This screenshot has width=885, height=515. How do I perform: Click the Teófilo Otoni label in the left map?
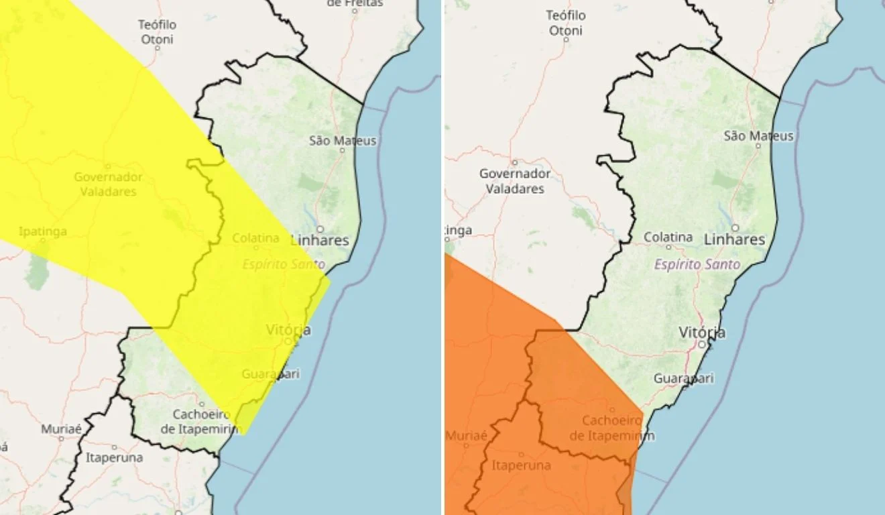pyautogui.click(x=157, y=32)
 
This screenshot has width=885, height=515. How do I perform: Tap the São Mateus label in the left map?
pyautogui.click(x=343, y=141)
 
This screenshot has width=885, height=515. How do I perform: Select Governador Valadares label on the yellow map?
pyautogui.click(x=108, y=184)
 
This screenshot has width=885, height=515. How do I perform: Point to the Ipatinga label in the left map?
pyautogui.click(x=43, y=231)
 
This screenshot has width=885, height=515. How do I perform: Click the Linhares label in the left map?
pyautogui.click(x=320, y=239)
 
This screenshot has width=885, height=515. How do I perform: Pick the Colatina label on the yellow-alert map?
pyautogui.click(x=255, y=238)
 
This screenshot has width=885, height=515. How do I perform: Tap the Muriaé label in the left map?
pyautogui.click(x=61, y=428)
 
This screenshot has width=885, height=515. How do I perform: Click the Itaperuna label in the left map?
pyautogui.click(x=114, y=458)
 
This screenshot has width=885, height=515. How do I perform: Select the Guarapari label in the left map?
pyautogui.click(x=270, y=374)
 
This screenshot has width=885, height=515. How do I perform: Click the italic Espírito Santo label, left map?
pyautogui.click(x=284, y=264)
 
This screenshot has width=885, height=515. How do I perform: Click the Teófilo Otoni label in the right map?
pyautogui.click(x=566, y=23)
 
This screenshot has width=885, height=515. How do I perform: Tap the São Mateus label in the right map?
pyautogui.click(x=758, y=136)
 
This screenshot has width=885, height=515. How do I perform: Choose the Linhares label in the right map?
pyautogui.click(x=735, y=239)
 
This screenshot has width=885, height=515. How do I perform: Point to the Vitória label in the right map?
pyautogui.click(x=702, y=333)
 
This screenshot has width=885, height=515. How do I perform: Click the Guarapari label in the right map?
pyautogui.click(x=683, y=378)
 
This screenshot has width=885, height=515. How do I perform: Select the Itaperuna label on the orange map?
pyautogui.click(x=522, y=465)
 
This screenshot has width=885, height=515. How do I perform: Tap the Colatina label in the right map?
pyautogui.click(x=668, y=237)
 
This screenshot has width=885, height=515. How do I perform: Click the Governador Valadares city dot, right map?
pyautogui.click(x=515, y=162)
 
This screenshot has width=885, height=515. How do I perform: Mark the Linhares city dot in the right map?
pyautogui.click(x=735, y=227)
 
